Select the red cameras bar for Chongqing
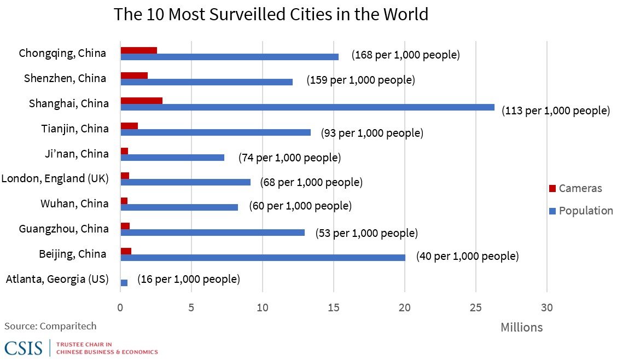(138, 50)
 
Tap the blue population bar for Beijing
(263, 258)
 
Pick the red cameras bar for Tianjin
(129, 126)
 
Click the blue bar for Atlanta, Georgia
(124, 283)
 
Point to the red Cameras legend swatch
(552, 189)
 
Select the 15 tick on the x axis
(334, 307)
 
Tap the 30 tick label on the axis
(546, 307)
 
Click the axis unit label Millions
(521, 327)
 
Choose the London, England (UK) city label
(55, 178)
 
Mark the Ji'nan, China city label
(77, 154)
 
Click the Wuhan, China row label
(74, 204)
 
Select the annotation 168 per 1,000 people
(405, 55)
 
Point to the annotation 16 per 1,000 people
(188, 279)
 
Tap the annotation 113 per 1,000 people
(555, 111)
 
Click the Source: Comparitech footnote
(50, 326)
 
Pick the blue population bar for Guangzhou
(212, 233)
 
